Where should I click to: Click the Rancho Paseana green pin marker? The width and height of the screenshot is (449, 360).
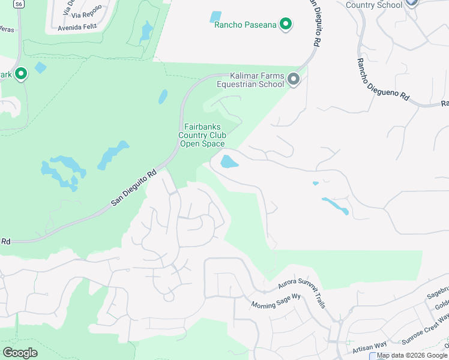tap(286, 25)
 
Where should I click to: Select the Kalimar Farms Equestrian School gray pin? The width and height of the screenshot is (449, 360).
tap(294, 79)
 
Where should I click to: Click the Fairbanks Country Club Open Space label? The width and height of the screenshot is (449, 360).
tap(202, 135)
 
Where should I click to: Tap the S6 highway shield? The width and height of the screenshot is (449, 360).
tap(20, 4)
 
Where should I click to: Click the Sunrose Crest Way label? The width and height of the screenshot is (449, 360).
tap(426, 329)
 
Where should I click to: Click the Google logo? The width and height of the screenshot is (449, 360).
tap(20, 353)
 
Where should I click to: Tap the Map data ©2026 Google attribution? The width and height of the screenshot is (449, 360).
tap(412, 355)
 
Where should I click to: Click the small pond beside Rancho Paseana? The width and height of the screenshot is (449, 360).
tap(215, 17)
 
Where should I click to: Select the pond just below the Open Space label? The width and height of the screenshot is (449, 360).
tap(228, 161)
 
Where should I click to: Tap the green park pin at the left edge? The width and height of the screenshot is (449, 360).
tap(21, 74)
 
